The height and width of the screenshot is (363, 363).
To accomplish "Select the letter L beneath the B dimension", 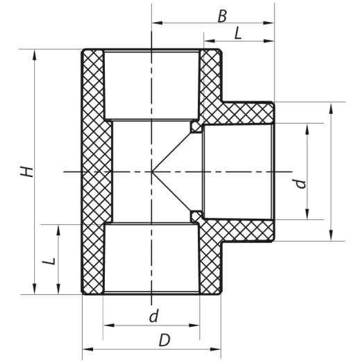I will coord(238,32).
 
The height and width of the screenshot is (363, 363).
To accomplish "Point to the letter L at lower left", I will coord(48,262).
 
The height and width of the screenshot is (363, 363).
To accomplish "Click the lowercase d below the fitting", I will coord(153,317).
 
